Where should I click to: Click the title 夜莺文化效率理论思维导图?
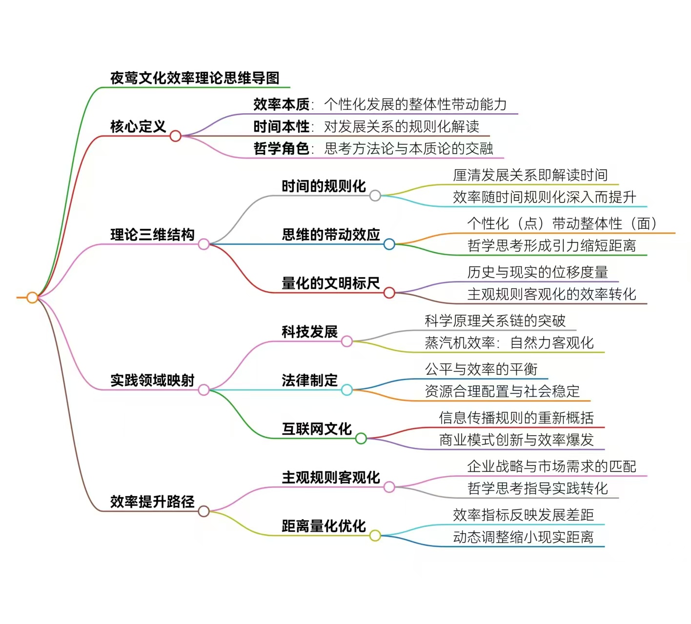pos(195,78)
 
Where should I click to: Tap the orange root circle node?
pos(32,297)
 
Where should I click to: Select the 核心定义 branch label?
pos(138,127)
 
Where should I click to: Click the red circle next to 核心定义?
pos(176,136)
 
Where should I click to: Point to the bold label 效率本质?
pos(281,104)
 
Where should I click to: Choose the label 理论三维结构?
pos(152,235)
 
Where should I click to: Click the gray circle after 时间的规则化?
pos(375,196)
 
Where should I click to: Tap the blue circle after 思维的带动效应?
pos(389,244)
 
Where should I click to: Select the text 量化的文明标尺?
pos(330,283)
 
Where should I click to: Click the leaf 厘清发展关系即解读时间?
pos(530,175)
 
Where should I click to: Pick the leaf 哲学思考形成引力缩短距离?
pos(551,245)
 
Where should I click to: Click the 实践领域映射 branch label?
pos(152,380)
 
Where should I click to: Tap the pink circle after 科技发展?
pos(347,341)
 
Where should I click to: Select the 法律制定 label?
pos(309,380)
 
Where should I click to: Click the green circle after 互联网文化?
pos(361,438)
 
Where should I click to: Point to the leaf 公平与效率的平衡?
pos(481,369)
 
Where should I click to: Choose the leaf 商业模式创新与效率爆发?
pos(516,440)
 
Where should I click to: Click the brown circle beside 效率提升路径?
pos(203,511)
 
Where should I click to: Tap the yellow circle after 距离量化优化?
pos(375,535)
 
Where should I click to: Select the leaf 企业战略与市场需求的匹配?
pos(551,466)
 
